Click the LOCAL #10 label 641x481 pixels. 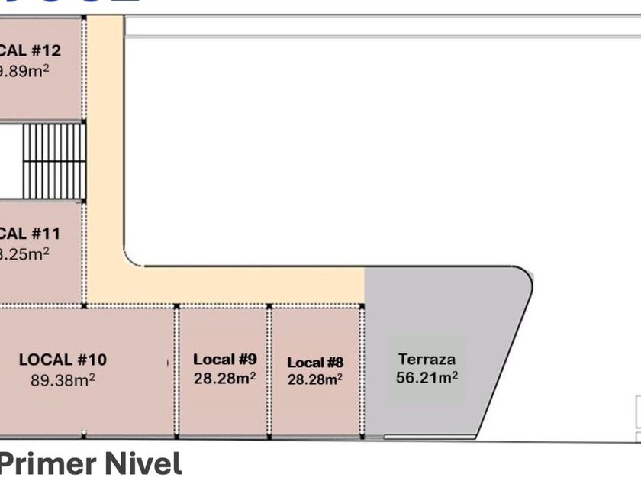point(63,359)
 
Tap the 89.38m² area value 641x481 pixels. point(63,379)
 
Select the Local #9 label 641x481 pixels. point(224,358)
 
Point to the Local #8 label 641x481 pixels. point(315,363)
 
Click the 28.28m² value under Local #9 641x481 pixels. point(224,377)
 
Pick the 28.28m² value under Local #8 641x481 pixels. point(315,379)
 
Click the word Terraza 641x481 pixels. point(427,358)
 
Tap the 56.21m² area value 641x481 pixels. point(427,376)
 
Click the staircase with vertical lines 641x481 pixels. point(53,160)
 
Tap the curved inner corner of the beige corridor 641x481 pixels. point(131,258)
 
